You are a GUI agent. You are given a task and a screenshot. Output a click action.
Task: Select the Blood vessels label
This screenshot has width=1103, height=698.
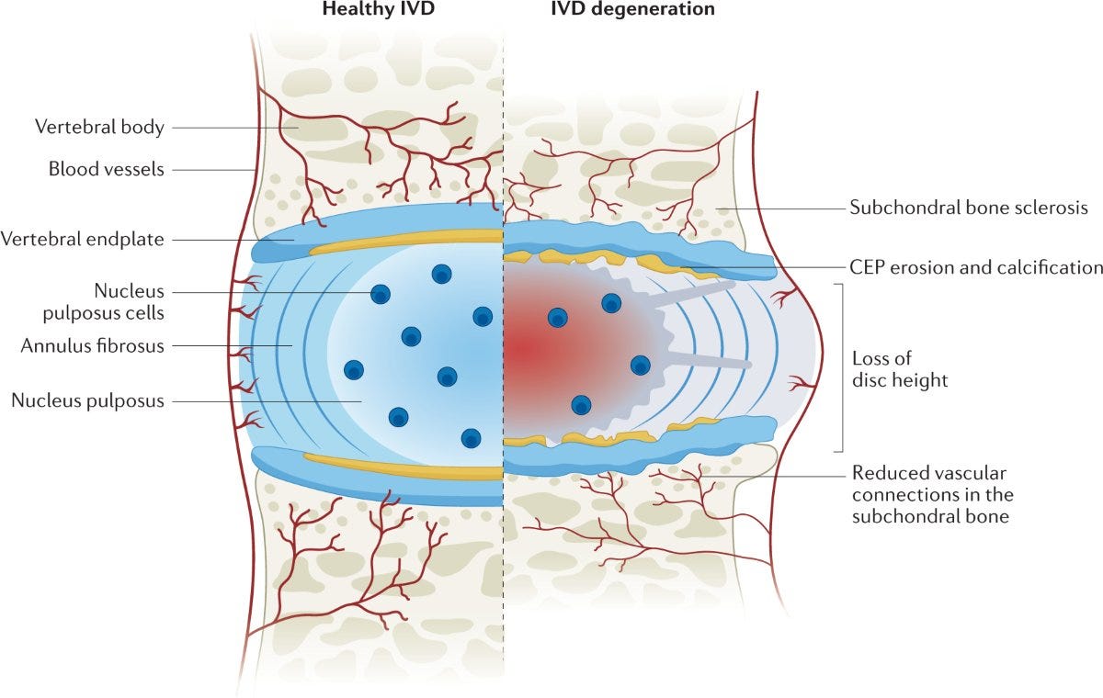(x=106, y=169)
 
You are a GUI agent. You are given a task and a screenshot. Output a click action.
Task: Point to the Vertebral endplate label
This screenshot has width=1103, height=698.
(x=84, y=240)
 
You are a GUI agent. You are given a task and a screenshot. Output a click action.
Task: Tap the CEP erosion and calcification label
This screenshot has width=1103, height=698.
(x=977, y=267)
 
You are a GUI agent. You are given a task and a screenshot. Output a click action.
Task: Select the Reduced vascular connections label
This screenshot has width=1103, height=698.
(x=929, y=495)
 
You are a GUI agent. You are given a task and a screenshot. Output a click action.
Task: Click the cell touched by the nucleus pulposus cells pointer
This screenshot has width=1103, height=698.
(x=380, y=294)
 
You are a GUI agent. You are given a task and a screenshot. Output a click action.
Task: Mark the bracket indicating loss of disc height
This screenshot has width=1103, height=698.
(x=840, y=367)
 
